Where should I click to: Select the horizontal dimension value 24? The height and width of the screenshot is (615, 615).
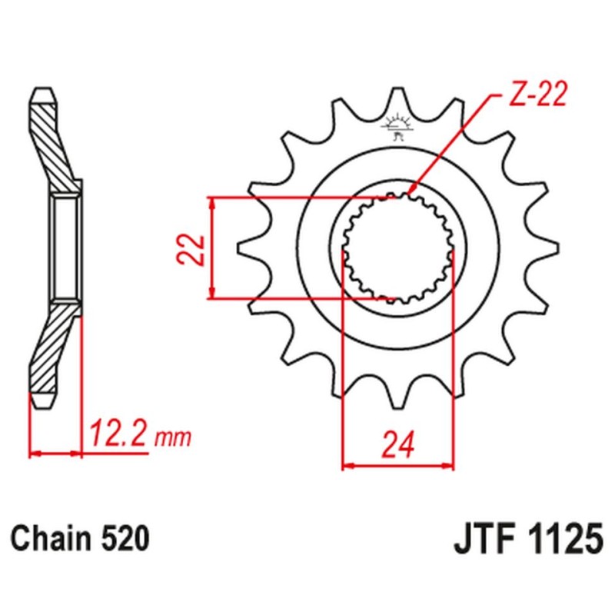[x=397, y=444]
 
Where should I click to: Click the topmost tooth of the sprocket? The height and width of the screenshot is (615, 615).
[x=397, y=95]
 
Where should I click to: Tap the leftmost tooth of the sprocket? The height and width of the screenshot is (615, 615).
[x=244, y=248]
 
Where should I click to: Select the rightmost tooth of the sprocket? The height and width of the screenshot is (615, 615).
[x=550, y=248]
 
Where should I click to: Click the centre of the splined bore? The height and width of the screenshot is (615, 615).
[x=397, y=248]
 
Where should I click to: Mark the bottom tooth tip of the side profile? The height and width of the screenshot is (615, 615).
[x=43, y=401]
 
